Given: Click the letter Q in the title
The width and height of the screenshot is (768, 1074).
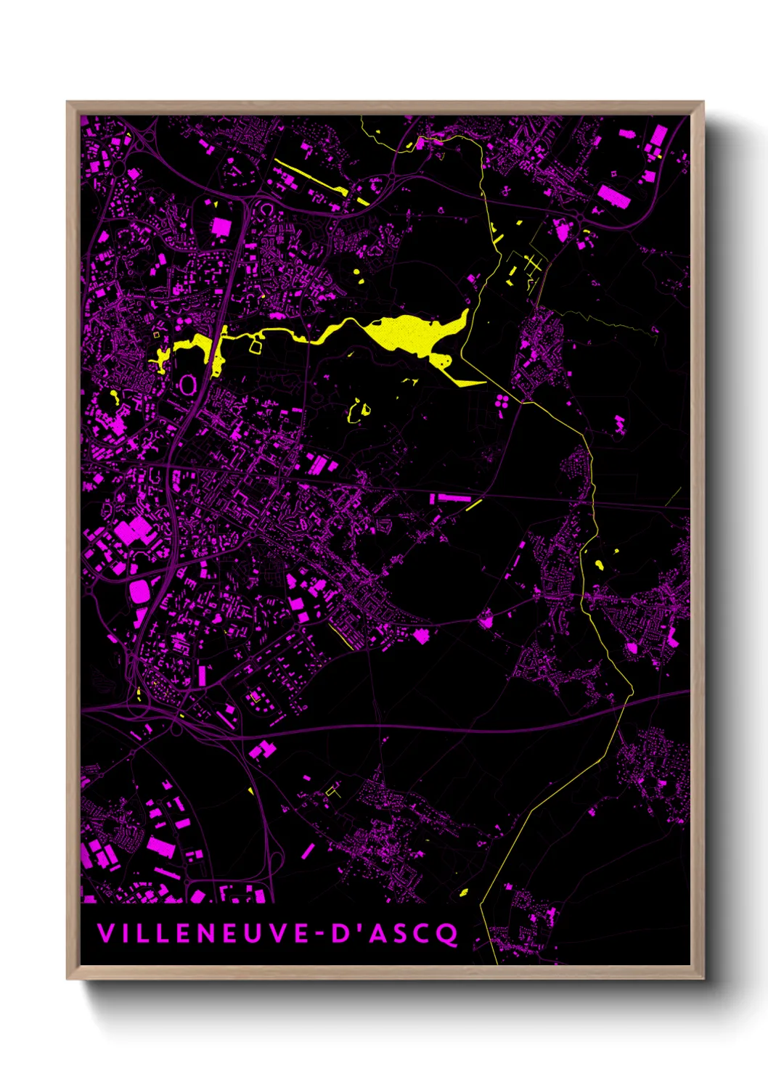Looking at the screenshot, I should (448, 934).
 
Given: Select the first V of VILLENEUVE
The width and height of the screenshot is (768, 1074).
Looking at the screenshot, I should (105, 933).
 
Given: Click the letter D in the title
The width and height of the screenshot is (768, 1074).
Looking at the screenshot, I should (341, 933).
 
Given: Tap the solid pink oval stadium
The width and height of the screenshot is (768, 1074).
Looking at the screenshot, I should (139, 591).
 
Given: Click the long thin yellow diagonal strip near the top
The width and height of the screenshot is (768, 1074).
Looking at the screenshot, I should (311, 177).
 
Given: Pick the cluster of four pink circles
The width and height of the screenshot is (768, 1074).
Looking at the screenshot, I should (502, 400).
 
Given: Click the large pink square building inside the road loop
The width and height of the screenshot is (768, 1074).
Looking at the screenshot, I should (221, 228).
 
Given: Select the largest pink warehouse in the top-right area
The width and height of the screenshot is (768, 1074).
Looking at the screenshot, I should (614, 196).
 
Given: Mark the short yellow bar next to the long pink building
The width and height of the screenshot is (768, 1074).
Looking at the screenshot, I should (474, 504).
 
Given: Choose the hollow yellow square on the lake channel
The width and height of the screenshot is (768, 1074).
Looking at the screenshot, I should (255, 346).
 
